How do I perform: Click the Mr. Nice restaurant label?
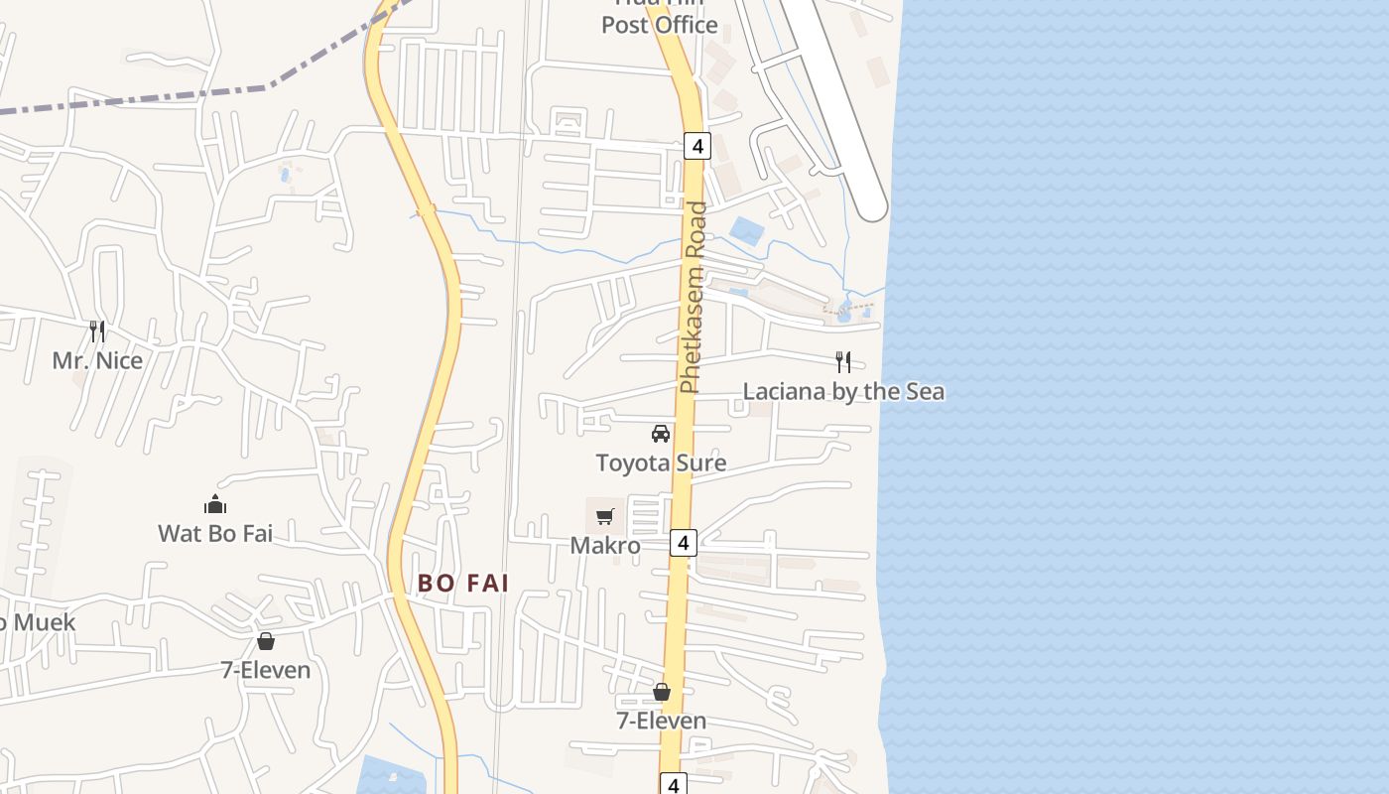(x=97, y=360)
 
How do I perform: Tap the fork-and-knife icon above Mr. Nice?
(x=97, y=331)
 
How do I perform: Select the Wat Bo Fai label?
(x=215, y=534)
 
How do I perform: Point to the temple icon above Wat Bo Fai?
(x=215, y=505)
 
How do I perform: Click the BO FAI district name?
(x=463, y=584)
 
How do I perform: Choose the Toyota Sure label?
(x=661, y=463)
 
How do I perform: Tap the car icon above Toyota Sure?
(x=661, y=433)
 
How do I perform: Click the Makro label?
(x=605, y=546)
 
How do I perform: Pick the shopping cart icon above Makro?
(x=605, y=516)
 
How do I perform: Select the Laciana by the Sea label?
(x=843, y=391)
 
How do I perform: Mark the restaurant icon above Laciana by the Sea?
(x=843, y=361)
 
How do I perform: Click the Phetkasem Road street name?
(x=694, y=298)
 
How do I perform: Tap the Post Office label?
(x=660, y=25)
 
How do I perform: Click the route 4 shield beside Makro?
(x=684, y=543)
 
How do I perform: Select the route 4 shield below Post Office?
(x=697, y=146)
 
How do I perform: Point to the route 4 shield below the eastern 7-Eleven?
(x=674, y=785)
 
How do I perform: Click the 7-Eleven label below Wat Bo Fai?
(x=266, y=670)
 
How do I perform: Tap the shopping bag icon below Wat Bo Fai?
(x=266, y=641)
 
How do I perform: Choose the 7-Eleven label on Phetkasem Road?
(x=662, y=721)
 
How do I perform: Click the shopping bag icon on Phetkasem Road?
(x=662, y=692)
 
